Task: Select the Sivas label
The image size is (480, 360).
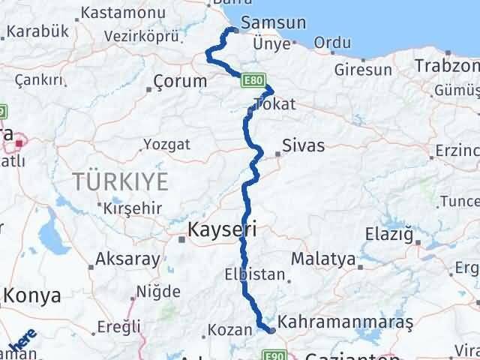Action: (304, 145)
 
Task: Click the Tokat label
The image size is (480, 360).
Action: (275, 104)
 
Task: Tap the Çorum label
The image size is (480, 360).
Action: (180, 81)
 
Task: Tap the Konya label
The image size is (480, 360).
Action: (31, 295)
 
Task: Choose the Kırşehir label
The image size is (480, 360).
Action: (131, 207)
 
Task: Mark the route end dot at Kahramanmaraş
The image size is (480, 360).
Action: (271, 329)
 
